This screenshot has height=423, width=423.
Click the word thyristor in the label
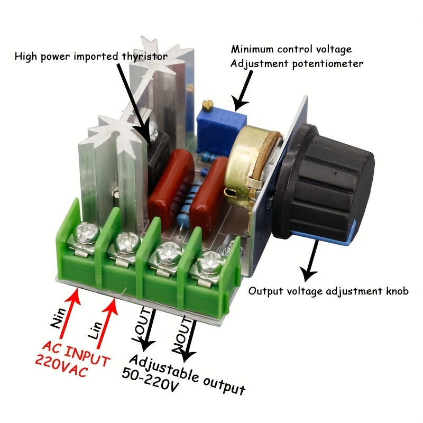[x=144, y=55]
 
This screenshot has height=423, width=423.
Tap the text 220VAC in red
[x=59, y=365]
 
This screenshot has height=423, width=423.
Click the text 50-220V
[x=151, y=380]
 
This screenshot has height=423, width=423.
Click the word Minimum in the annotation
[x=253, y=50]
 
